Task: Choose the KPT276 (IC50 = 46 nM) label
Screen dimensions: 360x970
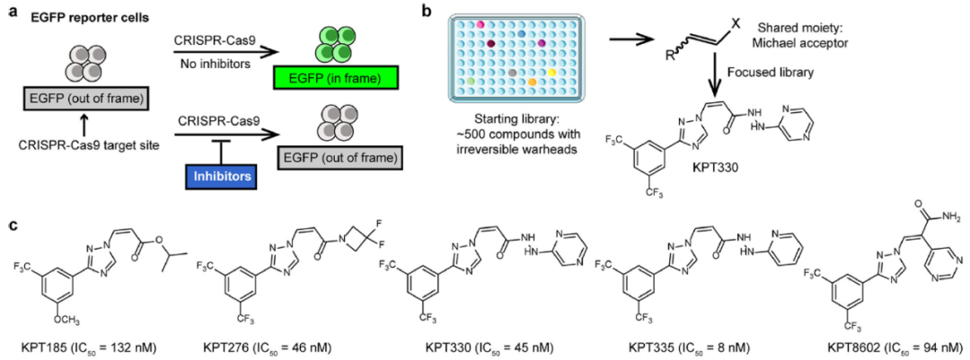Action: pyautogui.click(x=267, y=346)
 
